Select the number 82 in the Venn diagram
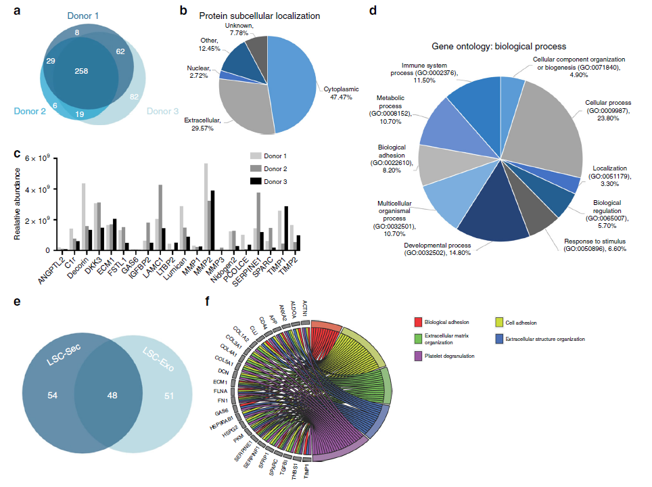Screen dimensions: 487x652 click(x=135, y=97)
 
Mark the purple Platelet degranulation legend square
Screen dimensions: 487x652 click(x=419, y=355)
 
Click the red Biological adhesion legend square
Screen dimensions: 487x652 click(x=419, y=322)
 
